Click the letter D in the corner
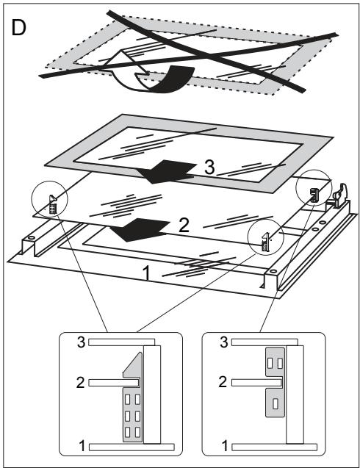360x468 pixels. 18,28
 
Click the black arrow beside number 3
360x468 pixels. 166,171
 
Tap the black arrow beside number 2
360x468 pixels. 140,229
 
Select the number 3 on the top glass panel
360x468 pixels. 209,168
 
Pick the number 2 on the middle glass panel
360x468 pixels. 184,226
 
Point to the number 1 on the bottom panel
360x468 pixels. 146,273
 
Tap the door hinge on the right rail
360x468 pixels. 339,195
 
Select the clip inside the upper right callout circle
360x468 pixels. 314,195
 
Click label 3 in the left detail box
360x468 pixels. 82,342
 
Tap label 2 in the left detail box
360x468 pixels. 81,383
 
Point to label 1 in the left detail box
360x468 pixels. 82,446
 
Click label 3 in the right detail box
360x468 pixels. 224,342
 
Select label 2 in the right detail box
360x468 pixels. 223,382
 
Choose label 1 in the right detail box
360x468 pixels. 225,446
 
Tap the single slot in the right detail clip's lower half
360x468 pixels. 276,403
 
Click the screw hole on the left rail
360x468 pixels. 31,238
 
